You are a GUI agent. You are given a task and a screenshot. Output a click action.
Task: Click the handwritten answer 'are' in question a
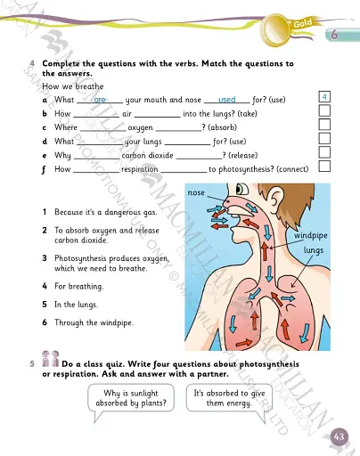point(100,101)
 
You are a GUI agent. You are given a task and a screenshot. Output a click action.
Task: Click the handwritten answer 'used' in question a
point(226,101)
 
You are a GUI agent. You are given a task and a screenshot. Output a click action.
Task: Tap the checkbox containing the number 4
point(325,96)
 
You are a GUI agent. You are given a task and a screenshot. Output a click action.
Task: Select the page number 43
point(339,436)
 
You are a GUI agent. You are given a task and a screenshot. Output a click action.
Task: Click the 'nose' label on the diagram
point(197,192)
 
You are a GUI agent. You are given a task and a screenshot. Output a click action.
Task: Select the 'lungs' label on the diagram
point(313,251)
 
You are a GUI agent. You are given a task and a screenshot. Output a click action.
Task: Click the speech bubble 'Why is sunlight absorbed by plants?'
point(136,398)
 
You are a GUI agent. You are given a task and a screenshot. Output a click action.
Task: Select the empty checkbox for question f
point(325,167)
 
